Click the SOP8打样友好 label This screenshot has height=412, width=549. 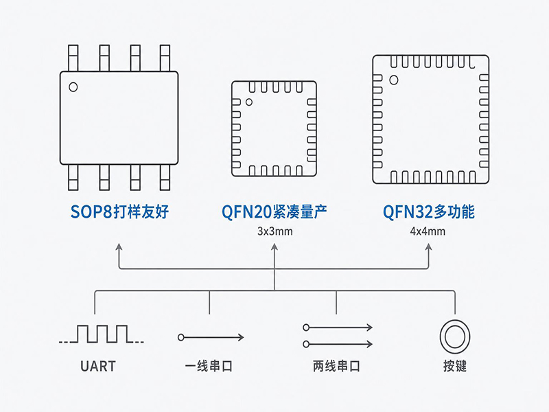(x=119, y=211)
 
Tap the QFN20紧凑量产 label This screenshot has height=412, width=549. (x=274, y=211)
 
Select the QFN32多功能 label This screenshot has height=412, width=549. (x=428, y=211)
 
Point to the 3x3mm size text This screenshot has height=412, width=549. (x=275, y=231)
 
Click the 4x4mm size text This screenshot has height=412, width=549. (x=428, y=231)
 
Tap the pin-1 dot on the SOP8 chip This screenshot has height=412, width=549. (x=73, y=87)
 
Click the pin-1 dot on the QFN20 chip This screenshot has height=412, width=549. (x=249, y=102)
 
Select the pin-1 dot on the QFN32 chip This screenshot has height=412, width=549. (x=393, y=80)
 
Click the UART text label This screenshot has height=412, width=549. (x=97, y=366)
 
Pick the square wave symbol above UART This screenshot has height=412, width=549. (x=101, y=334)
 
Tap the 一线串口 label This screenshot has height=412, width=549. (x=209, y=366)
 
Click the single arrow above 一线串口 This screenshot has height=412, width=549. (x=211, y=337)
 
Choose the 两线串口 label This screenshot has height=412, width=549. (x=336, y=366)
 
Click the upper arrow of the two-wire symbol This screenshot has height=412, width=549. (x=338, y=328)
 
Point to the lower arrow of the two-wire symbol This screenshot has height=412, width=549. (x=338, y=345)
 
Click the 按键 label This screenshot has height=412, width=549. (x=455, y=366)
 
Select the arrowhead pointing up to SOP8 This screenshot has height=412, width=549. (x=119, y=247)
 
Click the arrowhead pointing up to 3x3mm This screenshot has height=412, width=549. (x=274, y=247)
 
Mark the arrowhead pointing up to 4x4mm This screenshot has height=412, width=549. (x=429, y=247)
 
